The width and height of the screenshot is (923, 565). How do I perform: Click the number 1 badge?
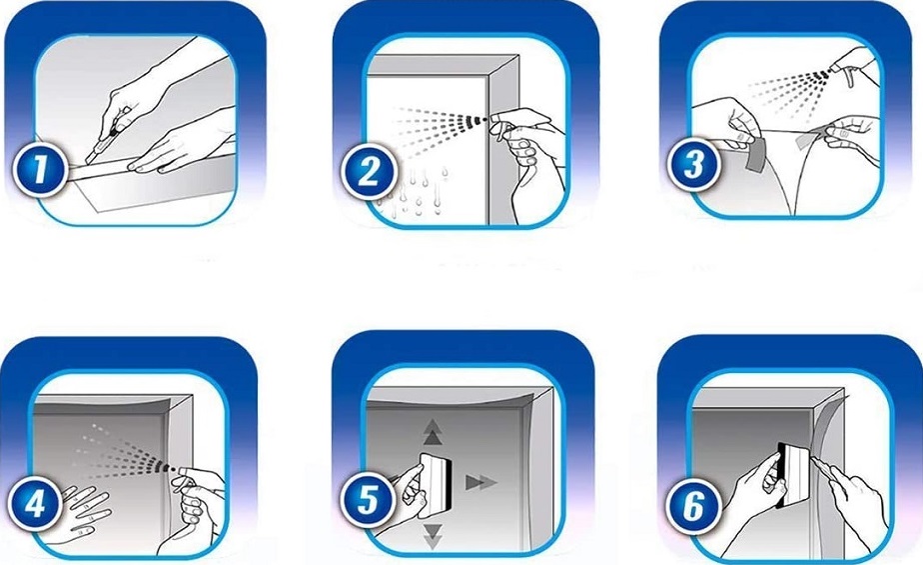[40, 170]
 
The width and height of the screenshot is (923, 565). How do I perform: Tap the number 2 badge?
[369, 172]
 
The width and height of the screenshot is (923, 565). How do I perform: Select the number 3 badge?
[694, 164]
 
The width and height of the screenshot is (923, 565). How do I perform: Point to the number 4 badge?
[36, 503]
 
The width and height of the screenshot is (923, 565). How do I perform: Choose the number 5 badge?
[369, 501]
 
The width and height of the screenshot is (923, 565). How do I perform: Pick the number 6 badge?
[694, 506]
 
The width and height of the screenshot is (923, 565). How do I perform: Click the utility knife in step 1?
[102, 137]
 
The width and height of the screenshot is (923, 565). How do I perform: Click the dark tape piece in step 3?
[753, 154]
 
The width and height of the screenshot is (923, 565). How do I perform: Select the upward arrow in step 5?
[433, 432]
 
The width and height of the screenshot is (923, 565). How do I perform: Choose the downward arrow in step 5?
[433, 536]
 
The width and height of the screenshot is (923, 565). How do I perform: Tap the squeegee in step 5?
[437, 478]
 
